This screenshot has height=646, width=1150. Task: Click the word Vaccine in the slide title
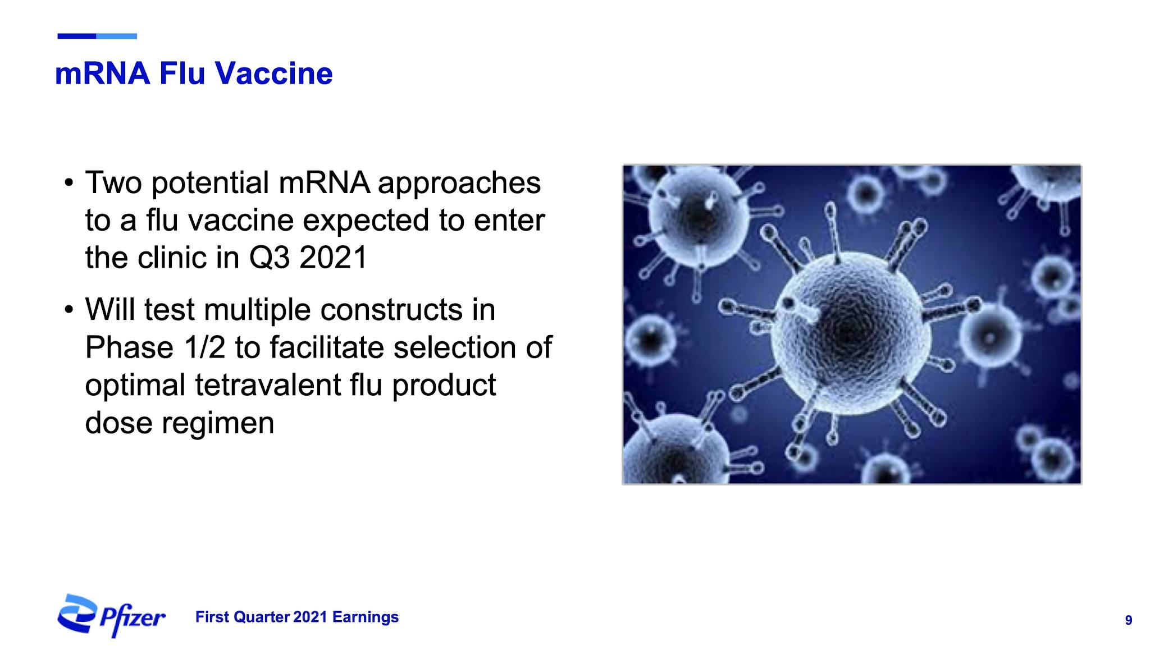click(274, 74)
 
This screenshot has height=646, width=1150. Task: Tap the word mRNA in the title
click(103, 74)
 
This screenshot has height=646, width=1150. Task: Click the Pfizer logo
click(111, 616)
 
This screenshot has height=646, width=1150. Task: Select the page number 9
click(1128, 620)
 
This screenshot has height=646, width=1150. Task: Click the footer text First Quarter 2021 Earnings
click(297, 617)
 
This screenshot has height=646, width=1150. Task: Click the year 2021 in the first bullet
click(333, 258)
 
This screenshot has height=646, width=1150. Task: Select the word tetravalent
click(268, 385)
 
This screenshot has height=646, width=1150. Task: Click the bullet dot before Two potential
click(69, 183)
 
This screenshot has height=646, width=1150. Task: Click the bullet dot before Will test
click(69, 310)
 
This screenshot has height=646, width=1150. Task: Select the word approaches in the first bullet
click(459, 184)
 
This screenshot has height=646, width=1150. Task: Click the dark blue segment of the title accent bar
click(77, 36)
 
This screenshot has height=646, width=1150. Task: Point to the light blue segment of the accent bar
click(117, 36)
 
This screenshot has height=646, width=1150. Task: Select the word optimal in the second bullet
click(135, 386)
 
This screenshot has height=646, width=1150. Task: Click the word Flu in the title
click(182, 74)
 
